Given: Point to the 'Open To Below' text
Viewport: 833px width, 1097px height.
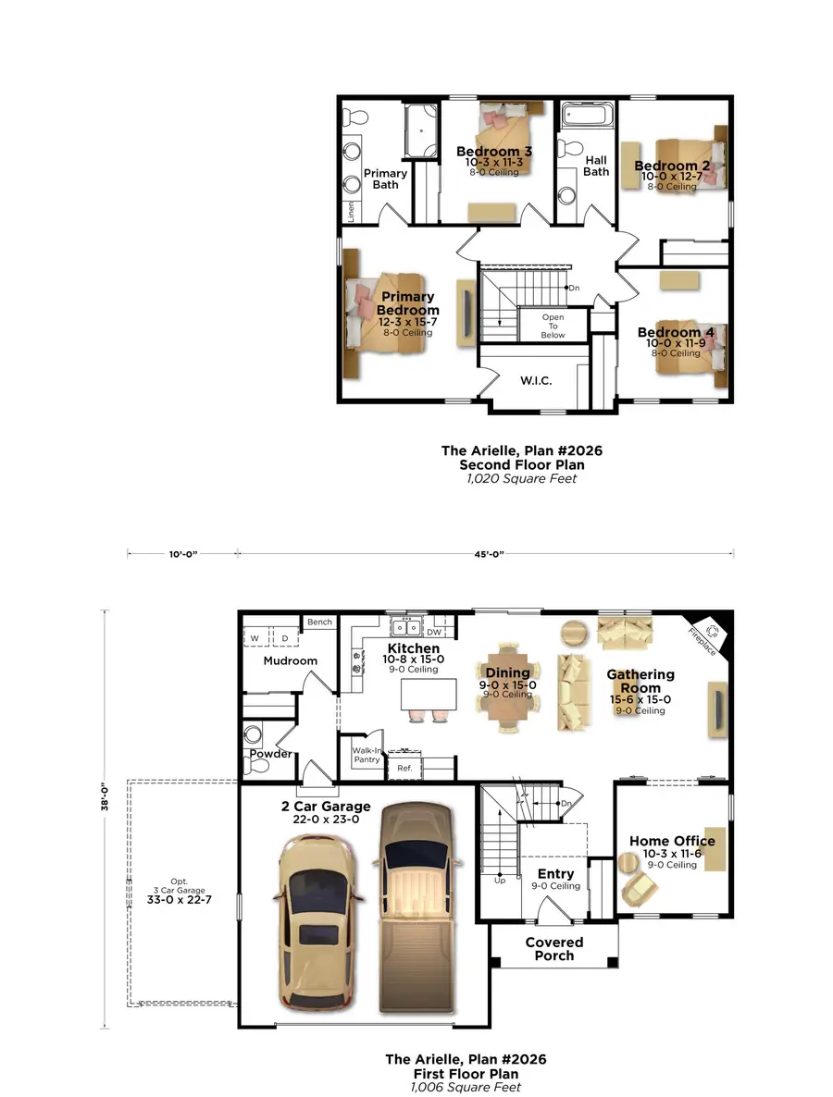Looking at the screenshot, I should (x=553, y=327).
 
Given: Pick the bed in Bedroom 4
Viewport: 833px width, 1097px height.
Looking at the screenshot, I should (x=690, y=355).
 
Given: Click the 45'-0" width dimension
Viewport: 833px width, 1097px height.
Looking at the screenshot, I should (x=487, y=554).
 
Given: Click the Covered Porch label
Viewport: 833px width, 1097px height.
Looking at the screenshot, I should (x=553, y=949).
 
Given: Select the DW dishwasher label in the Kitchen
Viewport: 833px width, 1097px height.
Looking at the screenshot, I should (x=434, y=633).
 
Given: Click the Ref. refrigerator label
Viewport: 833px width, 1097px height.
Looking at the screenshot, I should (x=404, y=768).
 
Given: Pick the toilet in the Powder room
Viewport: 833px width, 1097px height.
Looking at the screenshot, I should (x=254, y=736).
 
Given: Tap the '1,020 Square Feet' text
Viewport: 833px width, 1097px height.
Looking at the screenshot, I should (x=524, y=478).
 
